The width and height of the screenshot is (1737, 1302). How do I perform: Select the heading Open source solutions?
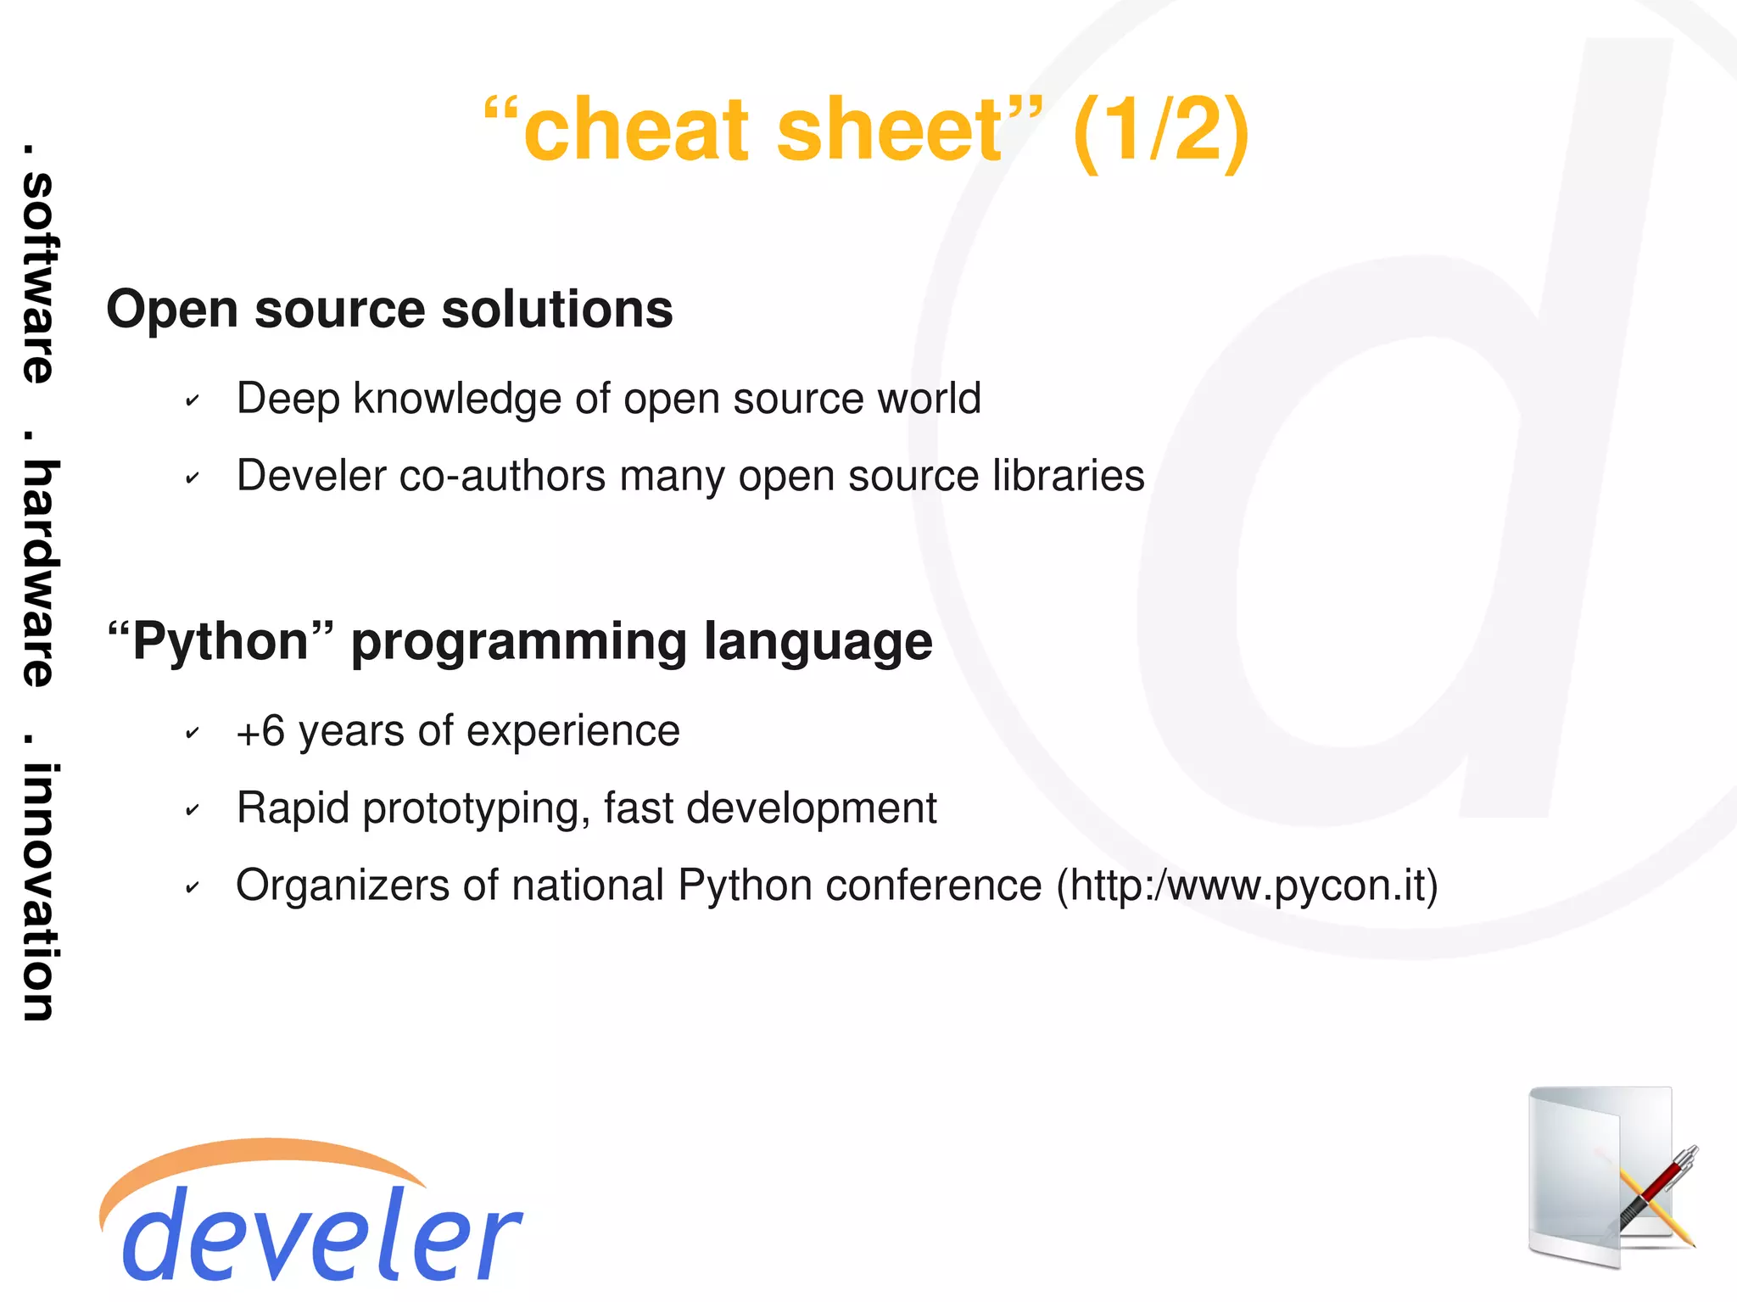coord(389,309)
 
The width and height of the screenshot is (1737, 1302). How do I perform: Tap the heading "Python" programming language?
coord(520,641)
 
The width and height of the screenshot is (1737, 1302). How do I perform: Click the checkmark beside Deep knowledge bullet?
coord(193,400)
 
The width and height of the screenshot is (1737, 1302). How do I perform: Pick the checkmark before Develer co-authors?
coord(193,478)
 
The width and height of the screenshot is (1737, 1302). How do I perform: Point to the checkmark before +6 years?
coord(193,733)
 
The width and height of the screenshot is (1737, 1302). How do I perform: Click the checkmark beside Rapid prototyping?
coord(193,811)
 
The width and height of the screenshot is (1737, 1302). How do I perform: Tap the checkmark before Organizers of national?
coord(193,888)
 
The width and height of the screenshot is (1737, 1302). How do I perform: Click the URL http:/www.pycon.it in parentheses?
coord(1247,886)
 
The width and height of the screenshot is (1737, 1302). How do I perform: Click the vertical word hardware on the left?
coord(38,573)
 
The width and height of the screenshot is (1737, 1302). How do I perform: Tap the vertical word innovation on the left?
coord(38,891)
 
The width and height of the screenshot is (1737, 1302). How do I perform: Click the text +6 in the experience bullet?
coord(260,731)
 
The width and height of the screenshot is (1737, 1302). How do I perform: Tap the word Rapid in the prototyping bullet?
coord(293,808)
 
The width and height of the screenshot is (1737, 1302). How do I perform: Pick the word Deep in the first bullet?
coord(288,400)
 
